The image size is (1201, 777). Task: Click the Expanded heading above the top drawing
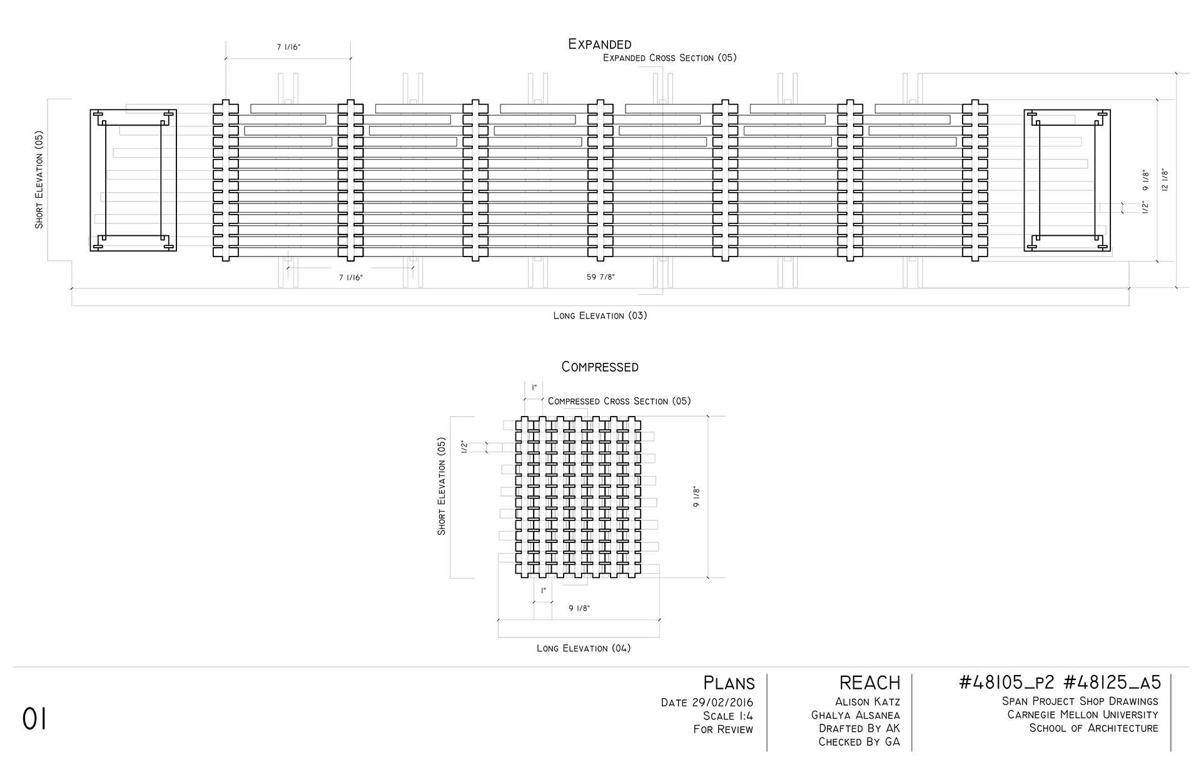click(x=599, y=44)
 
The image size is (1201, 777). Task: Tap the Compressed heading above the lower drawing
click(x=600, y=367)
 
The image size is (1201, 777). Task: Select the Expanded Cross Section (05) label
click(x=669, y=58)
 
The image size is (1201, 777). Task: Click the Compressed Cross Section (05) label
click(x=619, y=401)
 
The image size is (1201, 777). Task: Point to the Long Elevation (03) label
click(x=600, y=315)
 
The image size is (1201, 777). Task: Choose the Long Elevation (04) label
click(x=584, y=648)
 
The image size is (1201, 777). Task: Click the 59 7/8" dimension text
click(x=600, y=277)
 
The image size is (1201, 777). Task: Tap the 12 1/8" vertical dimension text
click(x=1164, y=180)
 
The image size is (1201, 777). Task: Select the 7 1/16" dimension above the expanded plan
click(x=288, y=48)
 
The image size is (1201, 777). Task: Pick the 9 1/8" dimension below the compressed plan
click(x=579, y=608)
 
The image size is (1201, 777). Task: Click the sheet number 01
click(x=34, y=719)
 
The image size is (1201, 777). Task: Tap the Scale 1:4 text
click(x=728, y=716)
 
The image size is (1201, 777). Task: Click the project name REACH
click(x=870, y=683)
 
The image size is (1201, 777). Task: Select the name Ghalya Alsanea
click(x=856, y=715)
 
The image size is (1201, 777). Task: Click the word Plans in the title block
click(x=729, y=683)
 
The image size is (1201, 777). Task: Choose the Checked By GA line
click(x=859, y=742)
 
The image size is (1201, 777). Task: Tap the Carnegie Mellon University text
click(x=1083, y=714)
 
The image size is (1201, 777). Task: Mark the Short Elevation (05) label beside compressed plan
click(x=442, y=486)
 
